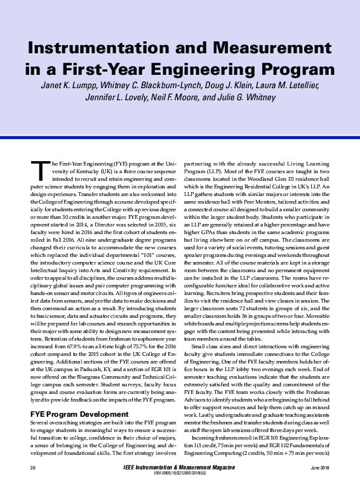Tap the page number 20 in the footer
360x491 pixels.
click(x=33, y=468)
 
